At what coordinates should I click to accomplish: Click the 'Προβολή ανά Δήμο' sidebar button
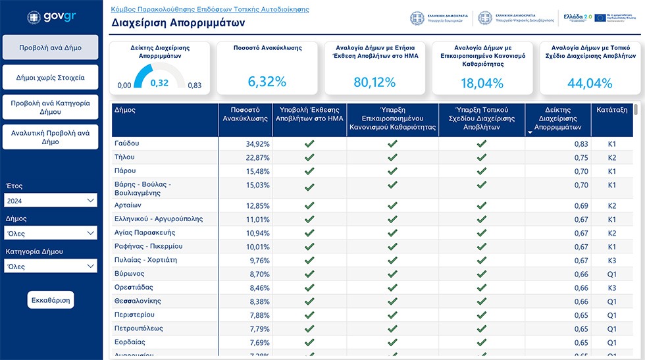pos(50,47)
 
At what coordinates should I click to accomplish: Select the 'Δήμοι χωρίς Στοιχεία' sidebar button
pos(50,78)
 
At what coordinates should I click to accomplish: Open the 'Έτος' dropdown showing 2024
pos(50,200)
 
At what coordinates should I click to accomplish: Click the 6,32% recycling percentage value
pos(267,82)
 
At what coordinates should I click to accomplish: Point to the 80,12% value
pos(374,82)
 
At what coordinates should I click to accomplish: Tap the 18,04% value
pos(482,83)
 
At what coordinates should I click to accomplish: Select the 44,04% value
pos(590,83)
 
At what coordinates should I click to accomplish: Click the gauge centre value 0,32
pos(159,83)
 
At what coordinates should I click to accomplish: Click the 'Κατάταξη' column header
pos(612,110)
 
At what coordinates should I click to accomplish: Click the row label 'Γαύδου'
pos(126,143)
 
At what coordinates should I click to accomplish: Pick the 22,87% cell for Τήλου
pos(257,157)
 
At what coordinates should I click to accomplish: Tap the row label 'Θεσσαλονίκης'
pos(138,301)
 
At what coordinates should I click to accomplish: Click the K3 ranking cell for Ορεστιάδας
pos(612,288)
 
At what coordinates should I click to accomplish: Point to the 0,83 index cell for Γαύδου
pos(580,143)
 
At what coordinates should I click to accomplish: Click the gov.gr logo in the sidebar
pos(51,17)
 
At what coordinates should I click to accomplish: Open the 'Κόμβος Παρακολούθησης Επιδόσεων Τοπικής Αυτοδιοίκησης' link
pos(206,10)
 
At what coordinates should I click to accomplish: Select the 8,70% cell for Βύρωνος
pos(259,274)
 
